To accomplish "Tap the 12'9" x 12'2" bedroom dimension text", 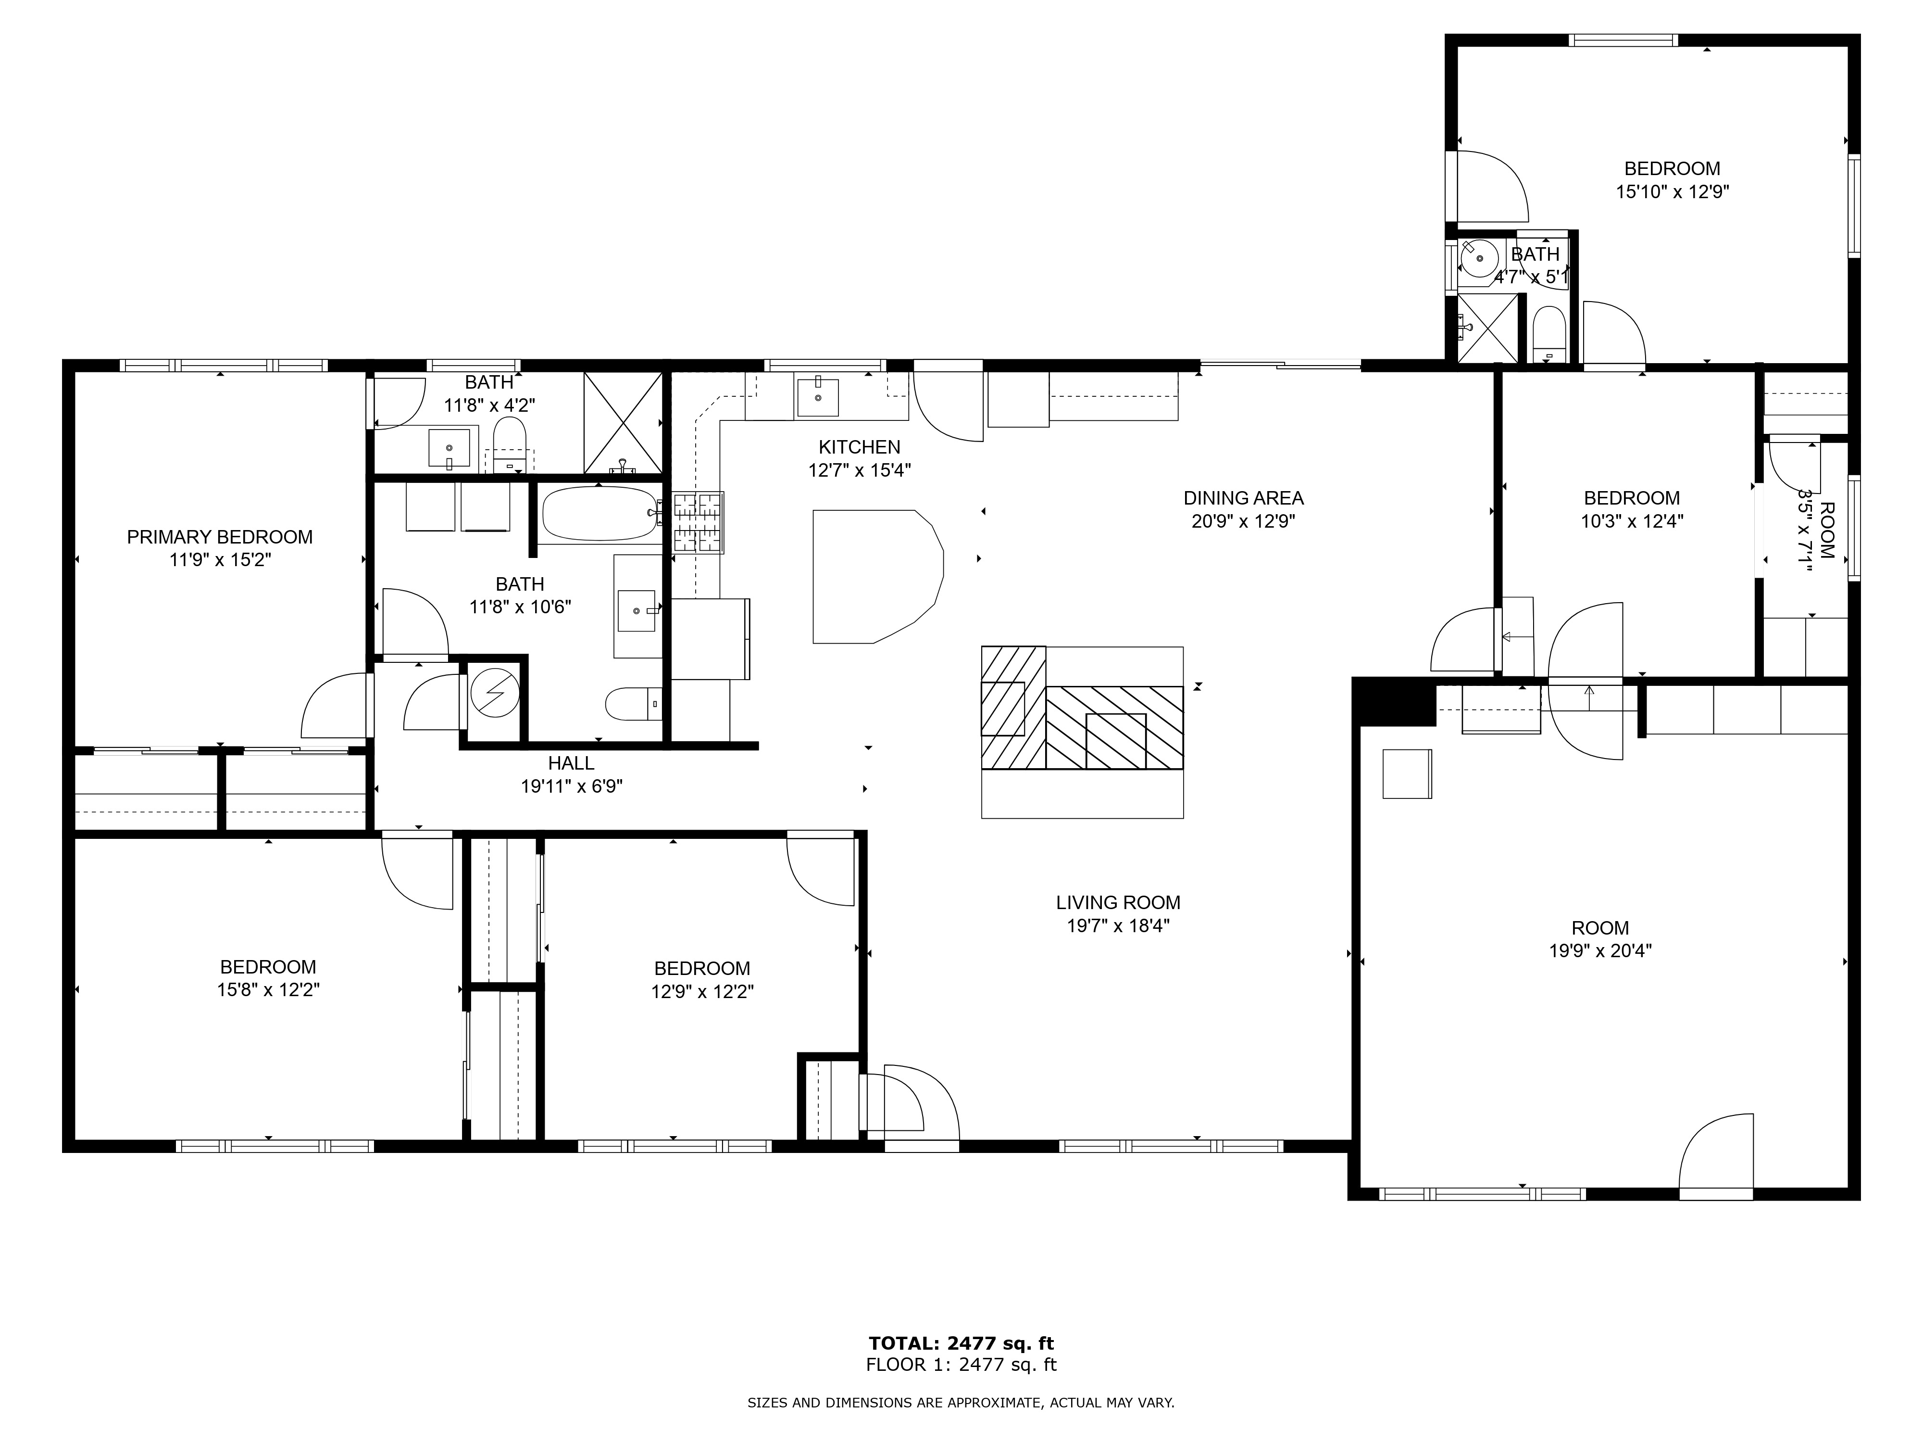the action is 702,991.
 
